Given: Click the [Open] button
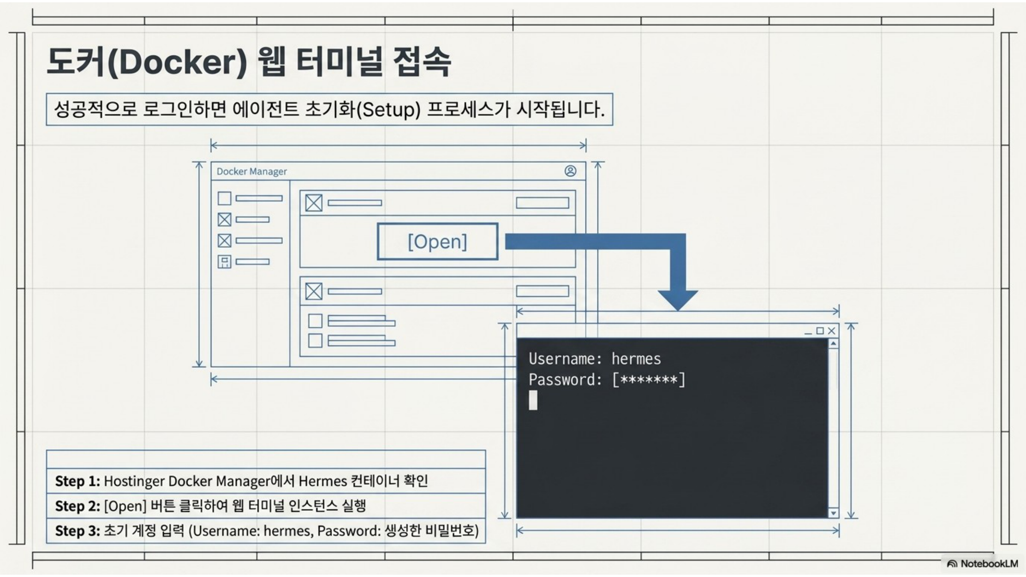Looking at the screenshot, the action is pyautogui.click(x=437, y=241).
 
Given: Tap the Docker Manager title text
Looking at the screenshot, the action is pyautogui.click(x=251, y=171).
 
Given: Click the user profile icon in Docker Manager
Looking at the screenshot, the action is pyautogui.click(x=571, y=171).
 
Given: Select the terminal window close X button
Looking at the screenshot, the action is pyautogui.click(x=831, y=331).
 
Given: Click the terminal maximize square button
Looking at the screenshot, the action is pyautogui.click(x=820, y=330).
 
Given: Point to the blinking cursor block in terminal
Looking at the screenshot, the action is pyautogui.click(x=533, y=400).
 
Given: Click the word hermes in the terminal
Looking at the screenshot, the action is pyautogui.click(x=636, y=359).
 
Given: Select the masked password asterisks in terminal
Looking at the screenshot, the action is pyautogui.click(x=649, y=380).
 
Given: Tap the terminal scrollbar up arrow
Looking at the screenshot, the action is pyautogui.click(x=833, y=343).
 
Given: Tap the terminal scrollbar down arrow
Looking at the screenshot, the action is pyautogui.click(x=833, y=513).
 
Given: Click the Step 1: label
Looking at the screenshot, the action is pyautogui.click(x=78, y=481).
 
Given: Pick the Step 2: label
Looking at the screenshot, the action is pyautogui.click(x=78, y=506).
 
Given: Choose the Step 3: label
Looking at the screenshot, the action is pyautogui.click(x=78, y=531).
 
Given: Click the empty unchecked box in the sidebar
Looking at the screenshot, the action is pyautogui.click(x=224, y=198).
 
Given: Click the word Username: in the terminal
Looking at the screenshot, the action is pyautogui.click(x=565, y=359).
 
